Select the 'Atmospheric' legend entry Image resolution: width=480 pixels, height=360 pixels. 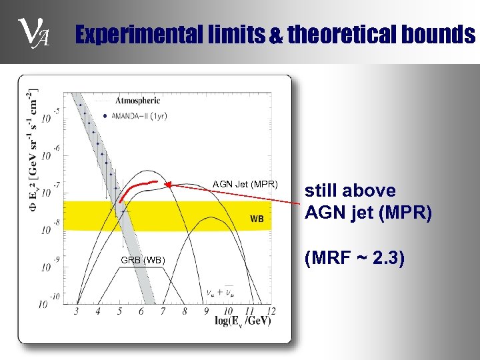(138, 101)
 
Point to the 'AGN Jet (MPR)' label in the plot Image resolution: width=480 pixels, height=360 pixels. (245, 185)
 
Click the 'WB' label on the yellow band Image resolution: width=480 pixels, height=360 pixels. (257, 219)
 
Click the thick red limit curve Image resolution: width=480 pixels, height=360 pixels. (137, 185)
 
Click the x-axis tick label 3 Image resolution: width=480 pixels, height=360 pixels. (76, 311)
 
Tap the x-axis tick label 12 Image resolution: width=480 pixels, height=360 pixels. (269, 311)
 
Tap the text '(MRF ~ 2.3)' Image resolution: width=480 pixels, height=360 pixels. (355, 258)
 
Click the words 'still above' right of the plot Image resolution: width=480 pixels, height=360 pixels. (350, 191)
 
